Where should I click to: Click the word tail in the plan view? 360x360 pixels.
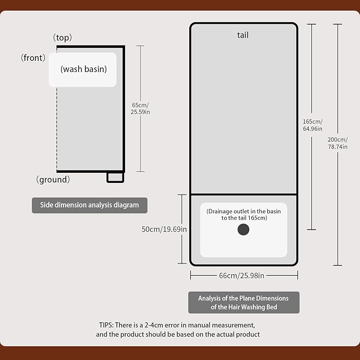(243, 36)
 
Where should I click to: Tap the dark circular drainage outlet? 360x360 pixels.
(243, 230)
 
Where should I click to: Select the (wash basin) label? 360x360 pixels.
(83, 69)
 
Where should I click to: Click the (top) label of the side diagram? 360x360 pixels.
(63, 38)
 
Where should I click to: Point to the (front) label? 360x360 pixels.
(33, 58)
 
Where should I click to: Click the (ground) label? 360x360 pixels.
(53, 180)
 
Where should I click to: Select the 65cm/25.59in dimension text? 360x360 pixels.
(141, 108)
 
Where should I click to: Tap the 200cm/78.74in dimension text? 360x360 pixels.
(338, 143)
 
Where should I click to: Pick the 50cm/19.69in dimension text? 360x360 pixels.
(164, 230)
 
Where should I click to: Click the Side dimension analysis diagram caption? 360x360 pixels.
(90, 205)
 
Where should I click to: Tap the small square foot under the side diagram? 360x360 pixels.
(115, 177)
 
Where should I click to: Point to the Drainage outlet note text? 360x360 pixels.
(243, 214)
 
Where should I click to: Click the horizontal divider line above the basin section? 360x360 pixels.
(243, 194)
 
